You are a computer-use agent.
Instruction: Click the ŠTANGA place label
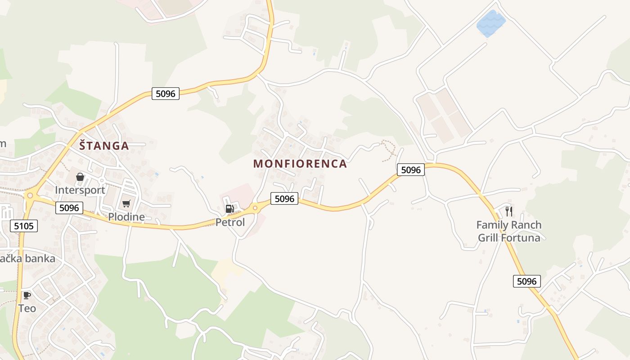click(104, 146)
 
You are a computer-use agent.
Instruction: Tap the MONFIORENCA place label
click(300, 164)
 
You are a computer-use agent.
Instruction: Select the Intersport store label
click(80, 190)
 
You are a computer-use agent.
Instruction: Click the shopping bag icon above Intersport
click(80, 177)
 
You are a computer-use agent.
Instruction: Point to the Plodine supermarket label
click(126, 217)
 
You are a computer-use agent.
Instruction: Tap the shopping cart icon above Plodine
click(126, 204)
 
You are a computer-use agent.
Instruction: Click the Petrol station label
click(230, 222)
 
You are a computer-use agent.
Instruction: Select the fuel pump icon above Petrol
click(229, 208)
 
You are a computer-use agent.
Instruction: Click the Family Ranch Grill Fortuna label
click(509, 231)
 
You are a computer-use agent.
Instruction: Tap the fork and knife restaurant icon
click(509, 211)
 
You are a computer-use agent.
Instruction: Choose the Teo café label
click(27, 309)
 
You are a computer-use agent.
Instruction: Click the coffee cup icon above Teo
click(27, 296)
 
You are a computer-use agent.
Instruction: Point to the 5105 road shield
click(24, 226)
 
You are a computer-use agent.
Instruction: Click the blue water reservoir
click(490, 23)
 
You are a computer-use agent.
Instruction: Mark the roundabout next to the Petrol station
click(255, 207)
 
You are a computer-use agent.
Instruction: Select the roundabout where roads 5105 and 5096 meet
click(30, 196)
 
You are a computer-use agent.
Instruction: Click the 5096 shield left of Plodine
click(70, 208)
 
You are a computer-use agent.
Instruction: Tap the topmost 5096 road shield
click(166, 94)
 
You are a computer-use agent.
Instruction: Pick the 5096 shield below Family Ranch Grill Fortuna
click(526, 282)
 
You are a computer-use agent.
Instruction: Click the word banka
click(40, 259)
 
